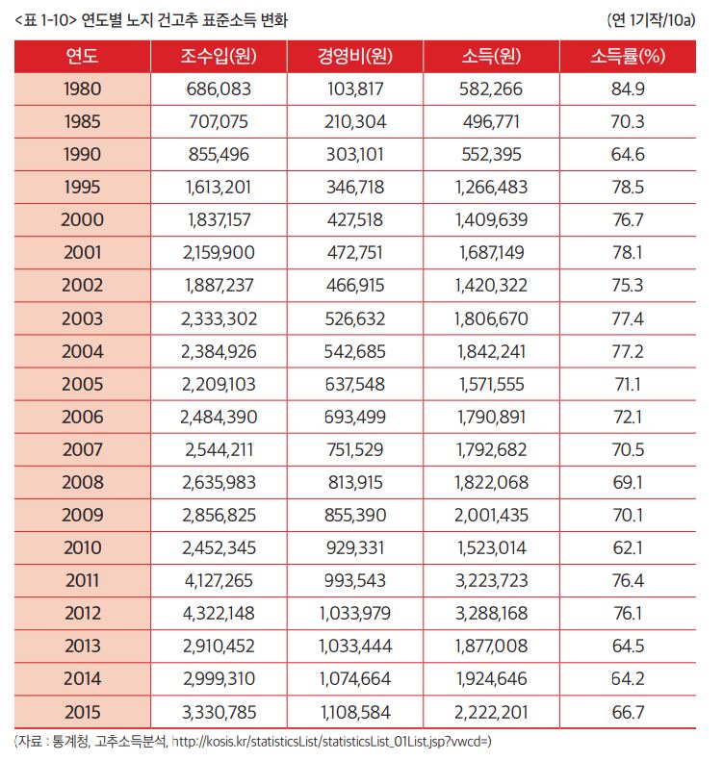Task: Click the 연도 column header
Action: pyautogui.click(x=82, y=57)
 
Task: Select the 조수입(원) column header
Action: pyautogui.click(x=218, y=57)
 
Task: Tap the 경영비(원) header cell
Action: pyautogui.click(x=355, y=57)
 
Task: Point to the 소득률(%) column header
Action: pyautogui.click(x=628, y=57)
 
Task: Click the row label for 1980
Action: pyautogui.click(x=82, y=89)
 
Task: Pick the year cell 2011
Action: pyautogui.click(x=82, y=580)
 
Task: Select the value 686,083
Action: pyautogui.click(x=218, y=89)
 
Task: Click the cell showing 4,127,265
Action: pyautogui.click(x=218, y=580)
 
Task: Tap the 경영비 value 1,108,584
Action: pyautogui.click(x=355, y=711)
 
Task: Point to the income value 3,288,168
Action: pyautogui.click(x=491, y=613)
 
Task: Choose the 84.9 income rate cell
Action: pyautogui.click(x=628, y=89)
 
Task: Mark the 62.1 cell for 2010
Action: pyautogui.click(x=628, y=547)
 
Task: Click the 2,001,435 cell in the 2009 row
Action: pyautogui.click(x=491, y=515)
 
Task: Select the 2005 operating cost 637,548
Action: pyautogui.click(x=355, y=384)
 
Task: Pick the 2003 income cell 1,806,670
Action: pyautogui.click(x=491, y=318)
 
